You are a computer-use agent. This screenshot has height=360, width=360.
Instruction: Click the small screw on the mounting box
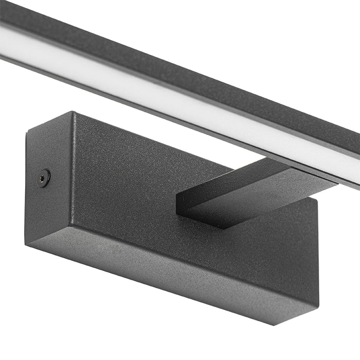[x=45, y=177]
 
